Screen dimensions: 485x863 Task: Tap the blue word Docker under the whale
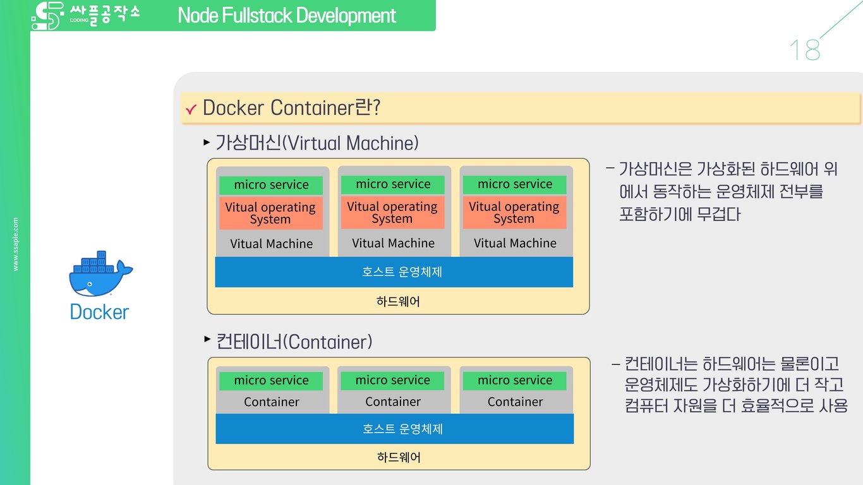(x=99, y=312)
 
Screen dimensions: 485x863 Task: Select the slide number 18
(x=804, y=50)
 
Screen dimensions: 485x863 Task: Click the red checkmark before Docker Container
(x=191, y=110)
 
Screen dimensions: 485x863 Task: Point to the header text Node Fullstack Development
(x=287, y=15)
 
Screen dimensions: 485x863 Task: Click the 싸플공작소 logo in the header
(x=85, y=15)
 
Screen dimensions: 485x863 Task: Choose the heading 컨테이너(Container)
(x=294, y=342)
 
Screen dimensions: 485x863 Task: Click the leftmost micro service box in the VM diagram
(x=271, y=185)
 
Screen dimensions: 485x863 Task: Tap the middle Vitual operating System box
(x=392, y=213)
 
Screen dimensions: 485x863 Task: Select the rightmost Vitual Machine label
(x=515, y=243)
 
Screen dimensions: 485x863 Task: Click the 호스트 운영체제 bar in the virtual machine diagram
(x=394, y=272)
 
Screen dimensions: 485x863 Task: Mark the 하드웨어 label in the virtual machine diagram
(x=398, y=302)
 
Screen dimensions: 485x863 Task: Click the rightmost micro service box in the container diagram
(x=515, y=381)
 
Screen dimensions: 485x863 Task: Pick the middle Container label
(x=392, y=402)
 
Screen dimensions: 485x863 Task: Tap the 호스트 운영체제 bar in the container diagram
(x=394, y=429)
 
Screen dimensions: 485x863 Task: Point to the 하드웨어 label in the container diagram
(x=399, y=457)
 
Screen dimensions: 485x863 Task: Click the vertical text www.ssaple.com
(x=16, y=244)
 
